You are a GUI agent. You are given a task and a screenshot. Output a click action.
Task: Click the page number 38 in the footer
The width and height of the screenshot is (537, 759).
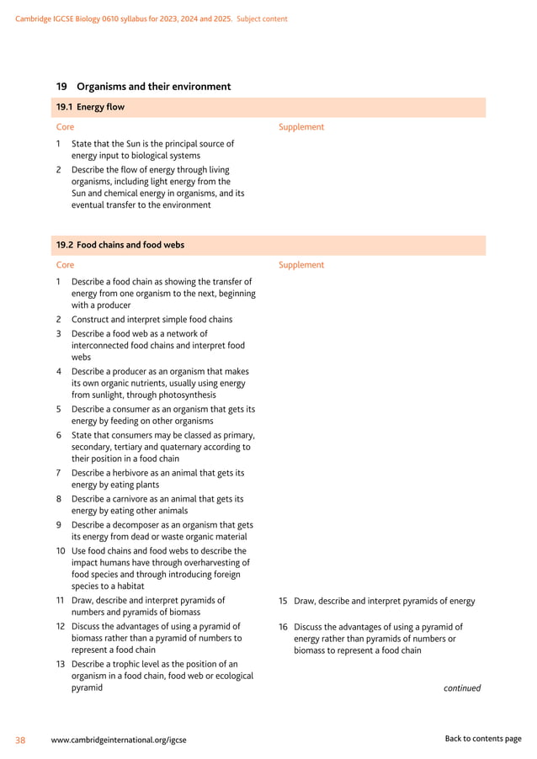pos(20,740)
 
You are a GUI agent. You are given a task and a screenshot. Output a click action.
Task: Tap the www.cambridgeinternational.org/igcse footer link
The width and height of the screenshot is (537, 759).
pos(119,740)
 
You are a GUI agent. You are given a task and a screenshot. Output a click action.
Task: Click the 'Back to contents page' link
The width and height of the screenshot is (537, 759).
pos(483,739)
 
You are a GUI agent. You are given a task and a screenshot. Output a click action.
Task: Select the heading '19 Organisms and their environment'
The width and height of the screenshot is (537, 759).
pos(143,87)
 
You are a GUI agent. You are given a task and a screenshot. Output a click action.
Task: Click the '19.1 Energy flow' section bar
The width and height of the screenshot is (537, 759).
pos(270,107)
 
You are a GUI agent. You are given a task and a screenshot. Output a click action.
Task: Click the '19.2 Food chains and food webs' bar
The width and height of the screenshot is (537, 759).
pos(270,245)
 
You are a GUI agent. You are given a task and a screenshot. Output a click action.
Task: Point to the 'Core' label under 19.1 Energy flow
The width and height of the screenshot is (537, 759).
pos(65,127)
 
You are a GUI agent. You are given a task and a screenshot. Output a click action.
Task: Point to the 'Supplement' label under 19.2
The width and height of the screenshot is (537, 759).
pos(300,265)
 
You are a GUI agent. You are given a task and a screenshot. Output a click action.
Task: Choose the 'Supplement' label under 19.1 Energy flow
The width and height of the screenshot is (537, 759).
pos(300,127)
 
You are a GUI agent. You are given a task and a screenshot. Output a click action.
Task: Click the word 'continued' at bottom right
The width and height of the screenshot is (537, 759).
pos(462,688)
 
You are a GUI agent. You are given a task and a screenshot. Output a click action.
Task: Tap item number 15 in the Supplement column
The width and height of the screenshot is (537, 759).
pos(283,602)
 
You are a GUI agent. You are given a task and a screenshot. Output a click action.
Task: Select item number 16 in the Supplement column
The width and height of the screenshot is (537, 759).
pos(283,627)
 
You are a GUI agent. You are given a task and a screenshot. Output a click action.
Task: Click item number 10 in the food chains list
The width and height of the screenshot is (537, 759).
pos(61,551)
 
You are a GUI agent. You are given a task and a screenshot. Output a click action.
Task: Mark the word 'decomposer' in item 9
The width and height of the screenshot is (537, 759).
pos(139,524)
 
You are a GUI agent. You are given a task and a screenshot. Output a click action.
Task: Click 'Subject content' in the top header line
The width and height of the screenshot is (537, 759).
pos(262,19)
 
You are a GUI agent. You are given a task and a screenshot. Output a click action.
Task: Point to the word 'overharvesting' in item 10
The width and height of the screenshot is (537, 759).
pos(219,563)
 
